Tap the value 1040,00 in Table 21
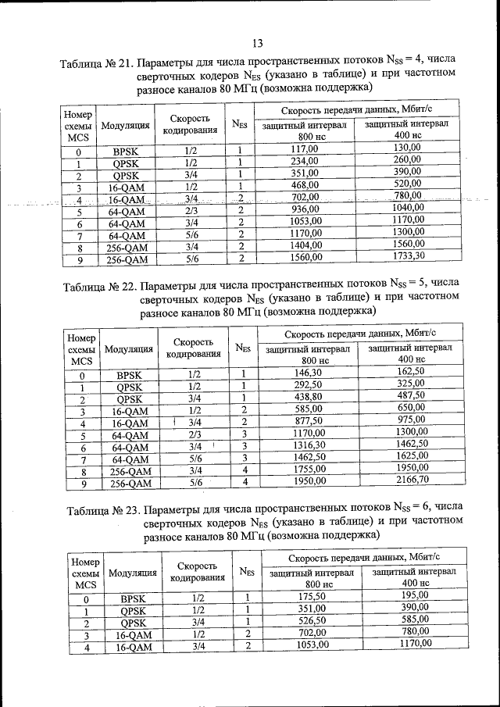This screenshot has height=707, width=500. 408,209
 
